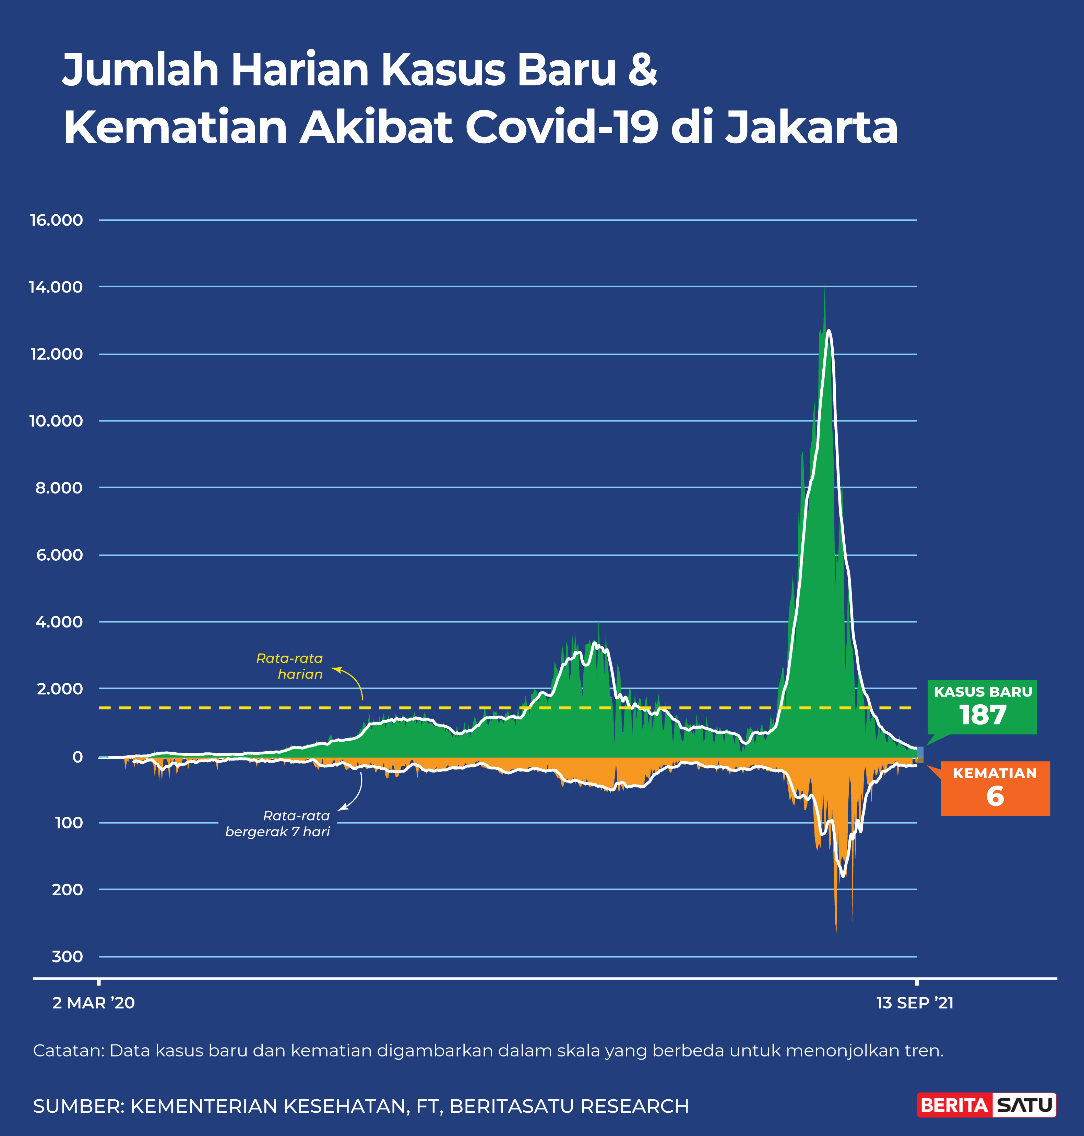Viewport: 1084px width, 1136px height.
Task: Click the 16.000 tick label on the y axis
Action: pos(57,220)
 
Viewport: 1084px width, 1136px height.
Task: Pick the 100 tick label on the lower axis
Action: pos(69,823)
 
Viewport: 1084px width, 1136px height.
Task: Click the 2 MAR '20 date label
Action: pos(94,1003)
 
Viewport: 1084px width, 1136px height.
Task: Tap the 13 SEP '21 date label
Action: pos(915,1003)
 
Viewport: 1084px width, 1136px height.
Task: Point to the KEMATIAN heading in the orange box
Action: pos(995,773)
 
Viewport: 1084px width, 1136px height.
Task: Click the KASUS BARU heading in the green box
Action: pos(983,692)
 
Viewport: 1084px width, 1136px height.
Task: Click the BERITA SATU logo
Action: pos(986,1105)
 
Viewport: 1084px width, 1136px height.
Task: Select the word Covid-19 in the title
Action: pos(562,127)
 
